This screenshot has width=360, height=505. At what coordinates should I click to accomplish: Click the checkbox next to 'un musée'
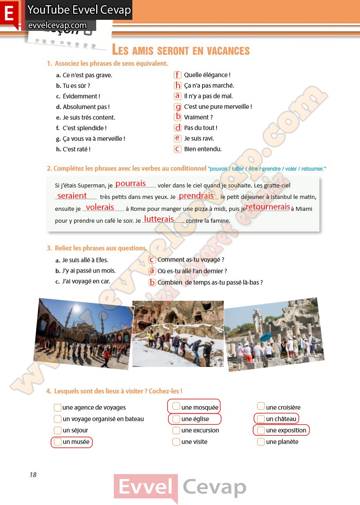pyautogui.click(x=57, y=442)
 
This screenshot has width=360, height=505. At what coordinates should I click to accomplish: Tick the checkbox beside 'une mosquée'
pyautogui.click(x=176, y=406)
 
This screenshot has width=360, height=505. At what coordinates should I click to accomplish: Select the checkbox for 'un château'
pyautogui.click(x=261, y=419)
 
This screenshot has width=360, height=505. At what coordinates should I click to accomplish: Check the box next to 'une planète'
pyautogui.click(x=261, y=441)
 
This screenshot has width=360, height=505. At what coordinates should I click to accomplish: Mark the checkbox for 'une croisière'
pyautogui.click(x=261, y=406)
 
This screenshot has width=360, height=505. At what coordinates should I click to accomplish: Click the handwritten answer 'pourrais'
pyautogui.click(x=131, y=183)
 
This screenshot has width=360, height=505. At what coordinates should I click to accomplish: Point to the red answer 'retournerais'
pyautogui.click(x=268, y=207)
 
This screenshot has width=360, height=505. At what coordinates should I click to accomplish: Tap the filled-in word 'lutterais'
pyautogui.click(x=159, y=219)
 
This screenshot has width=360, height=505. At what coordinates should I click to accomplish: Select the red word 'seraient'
pyautogui.click(x=72, y=195)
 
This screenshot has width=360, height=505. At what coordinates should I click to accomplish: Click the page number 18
pyautogui.click(x=33, y=475)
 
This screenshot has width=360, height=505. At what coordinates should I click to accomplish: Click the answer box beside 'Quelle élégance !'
pyautogui.click(x=178, y=75)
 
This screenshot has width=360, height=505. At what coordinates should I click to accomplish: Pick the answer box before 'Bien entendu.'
pyautogui.click(x=178, y=149)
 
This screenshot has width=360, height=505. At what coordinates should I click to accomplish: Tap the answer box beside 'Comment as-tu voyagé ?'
pyautogui.click(x=152, y=260)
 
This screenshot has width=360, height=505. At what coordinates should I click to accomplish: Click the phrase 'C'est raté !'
pyautogui.click(x=76, y=150)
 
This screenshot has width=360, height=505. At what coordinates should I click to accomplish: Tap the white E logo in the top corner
pyautogui.click(x=9, y=14)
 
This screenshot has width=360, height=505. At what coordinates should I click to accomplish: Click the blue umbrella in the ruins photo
pyautogui.click(x=266, y=337)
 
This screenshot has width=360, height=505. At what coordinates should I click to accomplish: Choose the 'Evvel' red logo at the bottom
pyautogui.click(x=146, y=488)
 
